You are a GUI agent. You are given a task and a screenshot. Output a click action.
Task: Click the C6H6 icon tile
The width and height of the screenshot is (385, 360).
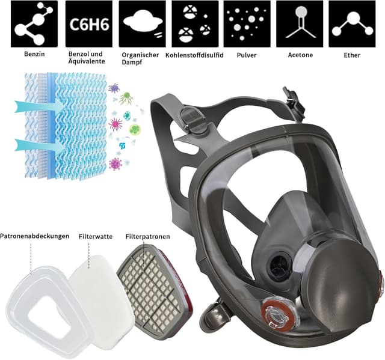click(88, 24)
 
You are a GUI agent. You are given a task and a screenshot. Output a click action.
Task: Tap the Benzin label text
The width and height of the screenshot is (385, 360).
click(34, 54)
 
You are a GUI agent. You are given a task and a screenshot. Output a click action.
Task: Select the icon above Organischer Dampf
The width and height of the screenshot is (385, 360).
click(142, 24)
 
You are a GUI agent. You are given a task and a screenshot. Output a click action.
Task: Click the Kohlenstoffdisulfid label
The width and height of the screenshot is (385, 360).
click(194, 55)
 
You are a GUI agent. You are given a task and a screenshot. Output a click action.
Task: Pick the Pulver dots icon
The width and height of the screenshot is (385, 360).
click(247, 24)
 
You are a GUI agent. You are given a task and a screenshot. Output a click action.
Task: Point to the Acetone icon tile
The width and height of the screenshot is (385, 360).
click(300, 24)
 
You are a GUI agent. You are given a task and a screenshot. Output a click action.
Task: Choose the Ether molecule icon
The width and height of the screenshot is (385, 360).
click(352, 24)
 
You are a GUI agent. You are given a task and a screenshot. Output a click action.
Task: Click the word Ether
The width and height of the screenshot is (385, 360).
click(352, 55)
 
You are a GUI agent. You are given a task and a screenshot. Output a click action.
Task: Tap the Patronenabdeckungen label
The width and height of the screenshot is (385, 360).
click(35, 236)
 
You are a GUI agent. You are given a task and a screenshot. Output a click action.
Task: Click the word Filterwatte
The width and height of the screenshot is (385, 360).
click(96, 236)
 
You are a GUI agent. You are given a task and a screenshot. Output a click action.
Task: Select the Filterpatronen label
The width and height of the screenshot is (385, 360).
click(147, 236)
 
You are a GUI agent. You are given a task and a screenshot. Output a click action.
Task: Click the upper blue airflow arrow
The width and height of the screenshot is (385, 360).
click(38, 106)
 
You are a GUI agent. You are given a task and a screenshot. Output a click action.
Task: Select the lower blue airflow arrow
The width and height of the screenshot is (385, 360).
click(38, 144)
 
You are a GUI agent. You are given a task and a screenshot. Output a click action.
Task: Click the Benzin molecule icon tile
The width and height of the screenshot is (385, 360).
click(34, 24)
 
